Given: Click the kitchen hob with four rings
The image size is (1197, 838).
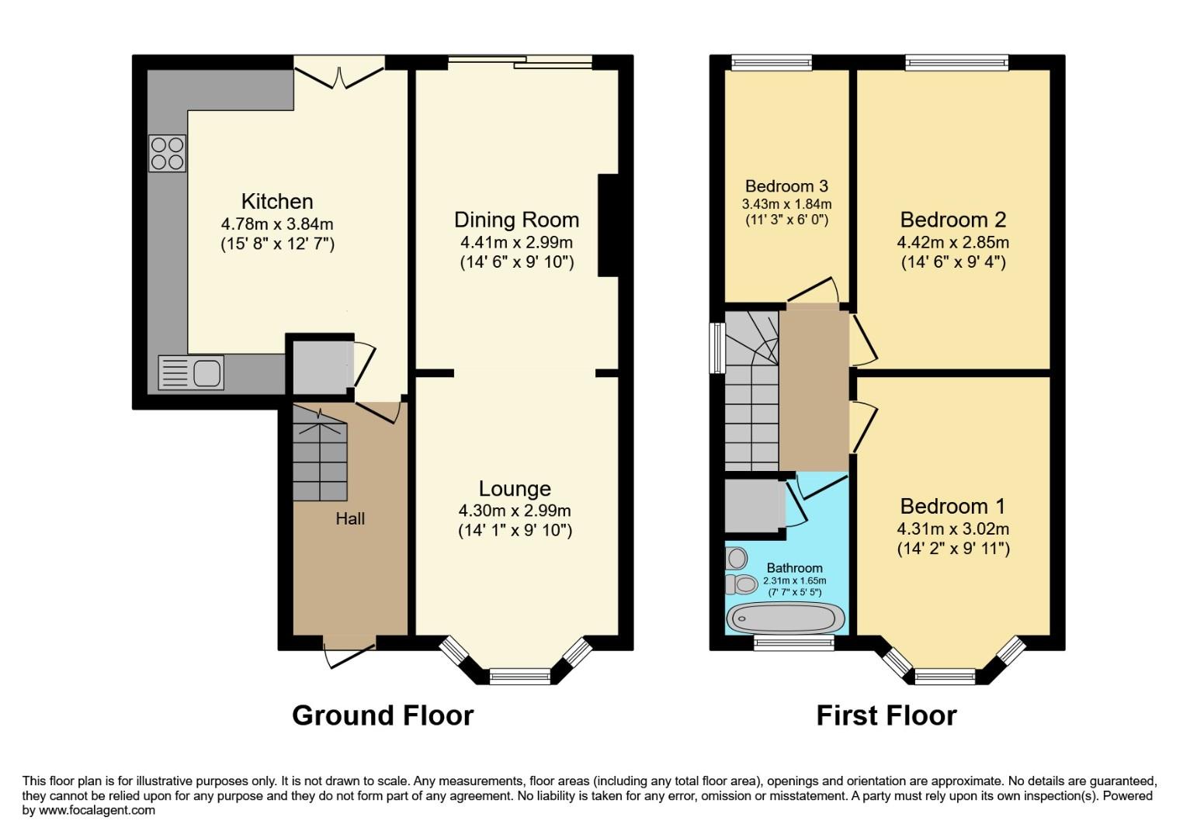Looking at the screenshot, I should (167, 153).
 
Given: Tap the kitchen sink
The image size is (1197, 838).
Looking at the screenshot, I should (191, 372).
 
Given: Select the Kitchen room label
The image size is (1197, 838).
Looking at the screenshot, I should (277, 202).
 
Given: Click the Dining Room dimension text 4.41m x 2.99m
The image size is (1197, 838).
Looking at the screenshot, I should (516, 242).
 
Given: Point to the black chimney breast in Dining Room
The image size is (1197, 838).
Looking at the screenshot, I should (608, 225).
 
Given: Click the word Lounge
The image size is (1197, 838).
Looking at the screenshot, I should (515, 489).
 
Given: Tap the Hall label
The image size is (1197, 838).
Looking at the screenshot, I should (350, 518).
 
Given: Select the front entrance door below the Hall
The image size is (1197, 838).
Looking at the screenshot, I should (349, 650).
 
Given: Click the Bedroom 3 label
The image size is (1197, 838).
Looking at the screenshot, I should (786, 186).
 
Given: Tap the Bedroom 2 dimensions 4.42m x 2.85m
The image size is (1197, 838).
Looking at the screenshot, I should (953, 242).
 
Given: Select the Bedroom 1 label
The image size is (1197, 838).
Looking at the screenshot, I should (952, 507).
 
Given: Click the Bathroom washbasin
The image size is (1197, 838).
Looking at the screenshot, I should (736, 558).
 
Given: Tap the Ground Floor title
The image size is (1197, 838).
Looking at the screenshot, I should (382, 715).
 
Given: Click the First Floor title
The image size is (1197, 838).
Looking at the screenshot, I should (886, 715).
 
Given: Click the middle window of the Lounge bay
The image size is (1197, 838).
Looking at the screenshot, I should (519, 676).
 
